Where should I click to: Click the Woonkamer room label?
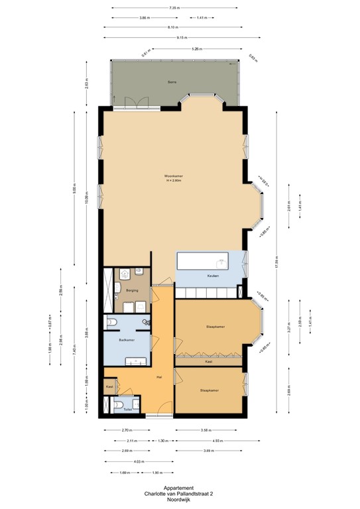pyautogui.click(x=174, y=176)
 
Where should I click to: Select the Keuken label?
pyautogui.click(x=213, y=275)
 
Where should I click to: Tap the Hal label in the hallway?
pyautogui.click(x=159, y=377)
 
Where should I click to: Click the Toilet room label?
pyautogui.click(x=127, y=410)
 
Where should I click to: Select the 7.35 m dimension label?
pyautogui.click(x=174, y=8)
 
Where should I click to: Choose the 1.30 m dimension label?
pyautogui.click(x=160, y=440)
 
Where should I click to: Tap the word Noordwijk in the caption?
pyautogui.click(x=174, y=498)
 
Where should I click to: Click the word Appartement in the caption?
pyautogui.click(x=174, y=488)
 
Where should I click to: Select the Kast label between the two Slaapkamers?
pyautogui.click(x=208, y=362)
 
